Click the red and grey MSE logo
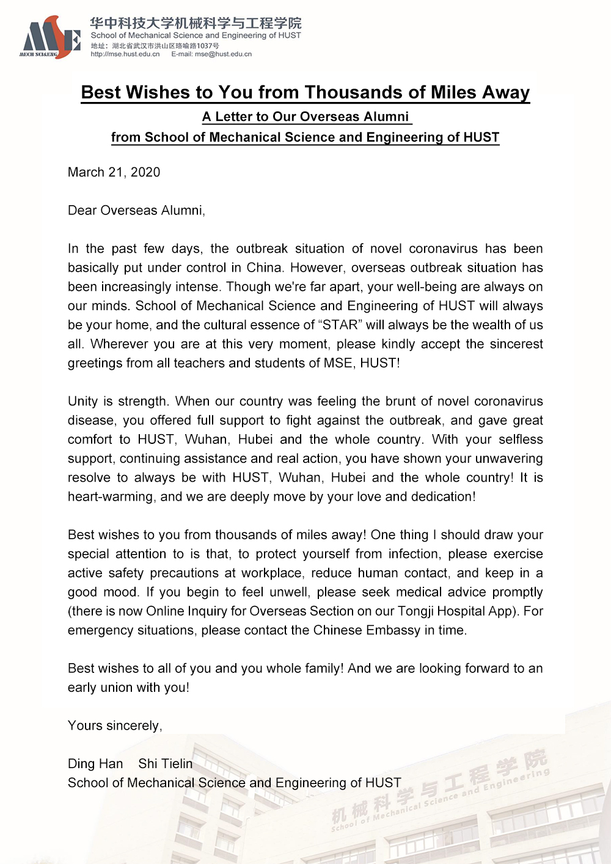click(x=50, y=38)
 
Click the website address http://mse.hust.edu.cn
click(x=125, y=54)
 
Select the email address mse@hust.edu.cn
click(x=223, y=54)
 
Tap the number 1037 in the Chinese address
click(x=205, y=46)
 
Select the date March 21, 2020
click(x=114, y=172)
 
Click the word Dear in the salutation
click(x=82, y=211)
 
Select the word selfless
click(x=521, y=440)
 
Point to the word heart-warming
click(x=110, y=497)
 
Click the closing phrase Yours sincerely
click(x=115, y=725)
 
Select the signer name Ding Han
click(x=95, y=764)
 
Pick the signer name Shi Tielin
click(x=165, y=764)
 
